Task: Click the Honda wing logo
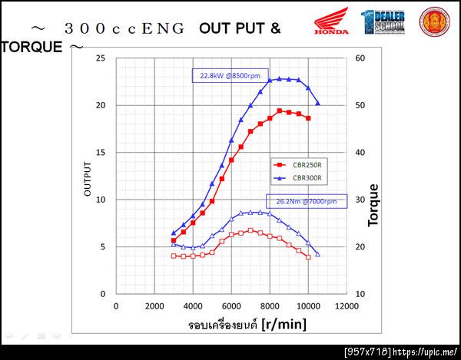coord(331,21)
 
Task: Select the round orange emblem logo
coord(435,21)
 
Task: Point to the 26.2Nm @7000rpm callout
coord(306,201)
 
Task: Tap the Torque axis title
coord(374,205)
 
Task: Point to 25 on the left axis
coord(100,58)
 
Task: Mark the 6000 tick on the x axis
coord(231,306)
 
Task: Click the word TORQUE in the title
coord(32,47)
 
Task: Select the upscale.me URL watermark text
coord(427,351)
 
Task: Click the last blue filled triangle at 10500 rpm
coord(318,104)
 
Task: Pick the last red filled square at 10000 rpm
coord(308,118)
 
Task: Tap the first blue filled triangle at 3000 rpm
coord(174,233)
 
